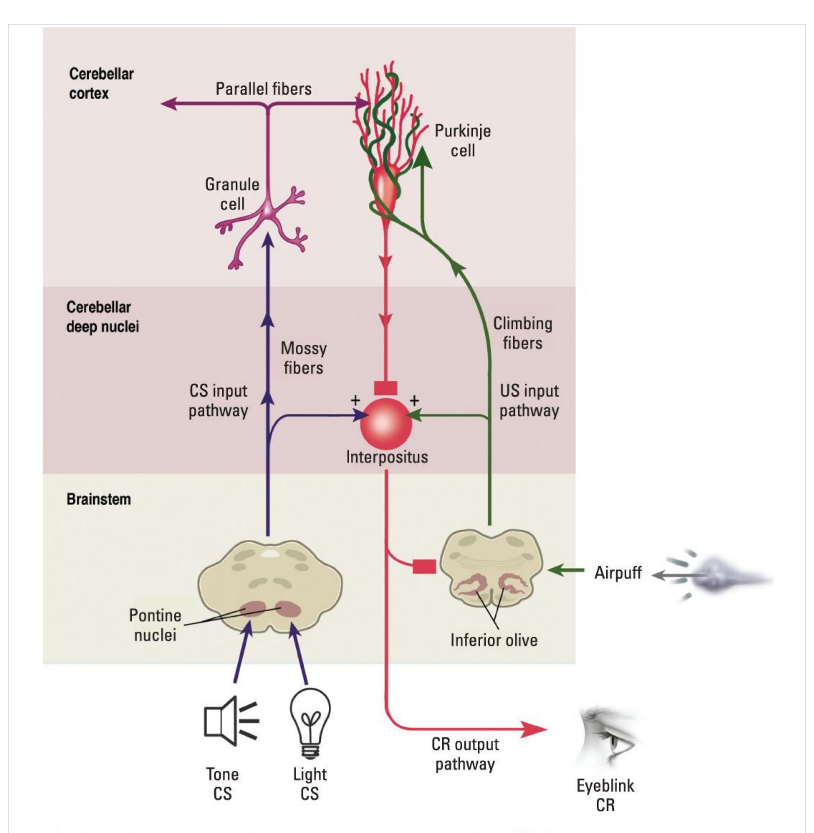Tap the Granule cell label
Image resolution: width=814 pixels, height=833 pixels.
coord(232,194)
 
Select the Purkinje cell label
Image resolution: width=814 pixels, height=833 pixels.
coord(463,141)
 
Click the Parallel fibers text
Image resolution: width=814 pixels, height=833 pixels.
coord(263,89)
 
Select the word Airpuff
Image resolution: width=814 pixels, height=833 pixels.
coord(618,572)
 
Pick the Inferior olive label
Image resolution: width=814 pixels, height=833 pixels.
coord(494,640)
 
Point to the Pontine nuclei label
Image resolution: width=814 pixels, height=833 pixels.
coord(155,625)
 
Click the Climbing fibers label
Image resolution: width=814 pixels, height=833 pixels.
coord(523,333)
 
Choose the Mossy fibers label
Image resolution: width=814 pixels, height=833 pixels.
coord(304,358)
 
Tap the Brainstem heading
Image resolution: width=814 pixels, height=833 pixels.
coord(99,500)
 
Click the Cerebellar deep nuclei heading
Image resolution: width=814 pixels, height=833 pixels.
coord(103,317)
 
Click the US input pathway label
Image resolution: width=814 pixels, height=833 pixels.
coord(529,400)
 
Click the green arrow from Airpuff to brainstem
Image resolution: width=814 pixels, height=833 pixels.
coord(566,570)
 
